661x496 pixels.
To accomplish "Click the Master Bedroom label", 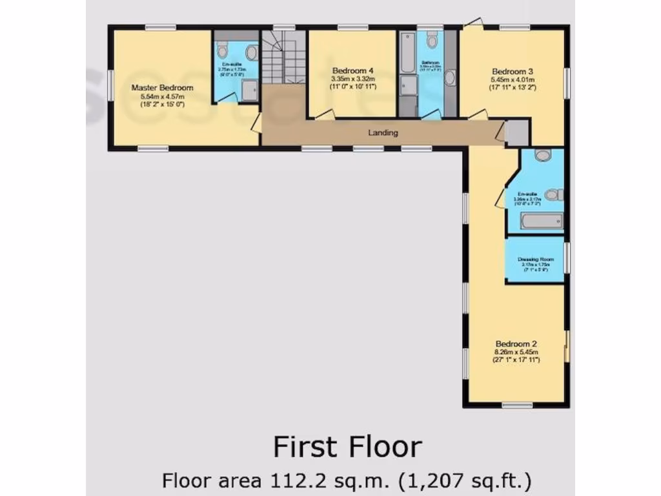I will coord(162,87).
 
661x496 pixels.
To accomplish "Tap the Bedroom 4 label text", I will coord(352,70).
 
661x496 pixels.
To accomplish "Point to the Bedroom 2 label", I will coord(516,344).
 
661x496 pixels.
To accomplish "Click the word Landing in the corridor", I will coord(383,133).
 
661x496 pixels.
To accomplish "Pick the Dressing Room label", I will coord(536,259).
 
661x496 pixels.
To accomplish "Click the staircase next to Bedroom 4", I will coord(284,60).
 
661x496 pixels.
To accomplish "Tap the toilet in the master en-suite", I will coord(222,50).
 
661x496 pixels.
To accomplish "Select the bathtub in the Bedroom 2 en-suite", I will coord(542,222).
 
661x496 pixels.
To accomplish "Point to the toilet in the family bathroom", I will coord(432,41).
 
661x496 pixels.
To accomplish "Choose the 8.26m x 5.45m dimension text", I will coord(516,353).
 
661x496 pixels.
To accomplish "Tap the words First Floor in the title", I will coord(347,447).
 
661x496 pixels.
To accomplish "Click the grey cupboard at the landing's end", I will coord(516,133).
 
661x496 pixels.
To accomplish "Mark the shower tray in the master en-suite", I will coord(249,90).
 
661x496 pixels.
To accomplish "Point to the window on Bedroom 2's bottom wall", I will coord(517,406).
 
